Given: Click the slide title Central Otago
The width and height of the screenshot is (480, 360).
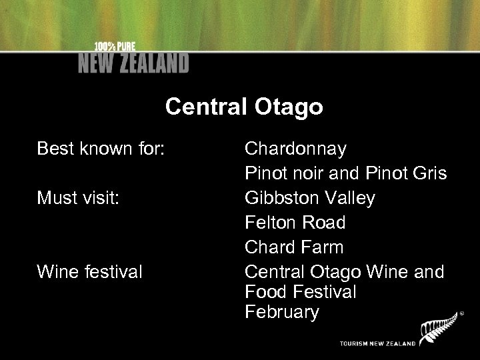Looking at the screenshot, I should pyautogui.click(x=244, y=107).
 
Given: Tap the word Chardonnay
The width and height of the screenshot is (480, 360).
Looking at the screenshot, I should pyautogui.click(x=295, y=149).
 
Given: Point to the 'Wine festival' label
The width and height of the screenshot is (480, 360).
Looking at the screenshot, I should pyautogui.click(x=89, y=272).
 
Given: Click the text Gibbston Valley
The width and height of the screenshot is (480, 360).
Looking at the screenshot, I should pyautogui.click(x=310, y=199).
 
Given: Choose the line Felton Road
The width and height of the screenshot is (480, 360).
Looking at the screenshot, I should pyautogui.click(x=295, y=223).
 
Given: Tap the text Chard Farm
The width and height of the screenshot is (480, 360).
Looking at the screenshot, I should pyautogui.click(x=294, y=247).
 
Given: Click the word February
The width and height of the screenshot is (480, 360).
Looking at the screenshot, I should pyautogui.click(x=282, y=312).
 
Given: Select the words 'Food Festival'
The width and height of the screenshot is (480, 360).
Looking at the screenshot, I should pyautogui.click(x=301, y=292).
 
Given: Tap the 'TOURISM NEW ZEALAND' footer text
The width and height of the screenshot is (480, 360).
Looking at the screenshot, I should pyautogui.click(x=377, y=343).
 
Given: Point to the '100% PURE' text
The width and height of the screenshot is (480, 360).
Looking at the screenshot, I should pyautogui.click(x=114, y=47).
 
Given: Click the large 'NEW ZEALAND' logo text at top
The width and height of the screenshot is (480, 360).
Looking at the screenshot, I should pyautogui.click(x=133, y=63).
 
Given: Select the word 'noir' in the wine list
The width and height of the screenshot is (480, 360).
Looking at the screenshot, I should pyautogui.click(x=309, y=173).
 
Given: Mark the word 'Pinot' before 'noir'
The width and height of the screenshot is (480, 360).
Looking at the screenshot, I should pyautogui.click(x=266, y=173).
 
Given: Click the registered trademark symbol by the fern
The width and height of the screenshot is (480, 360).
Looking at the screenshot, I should pyautogui.click(x=461, y=312).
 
